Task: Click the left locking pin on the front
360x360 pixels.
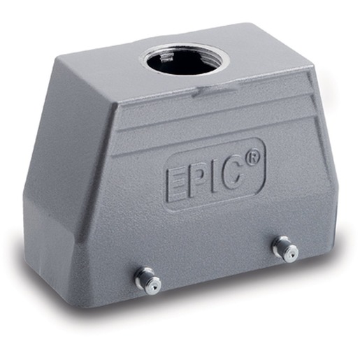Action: click(148, 280)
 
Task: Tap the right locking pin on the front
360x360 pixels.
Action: click(285, 250)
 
